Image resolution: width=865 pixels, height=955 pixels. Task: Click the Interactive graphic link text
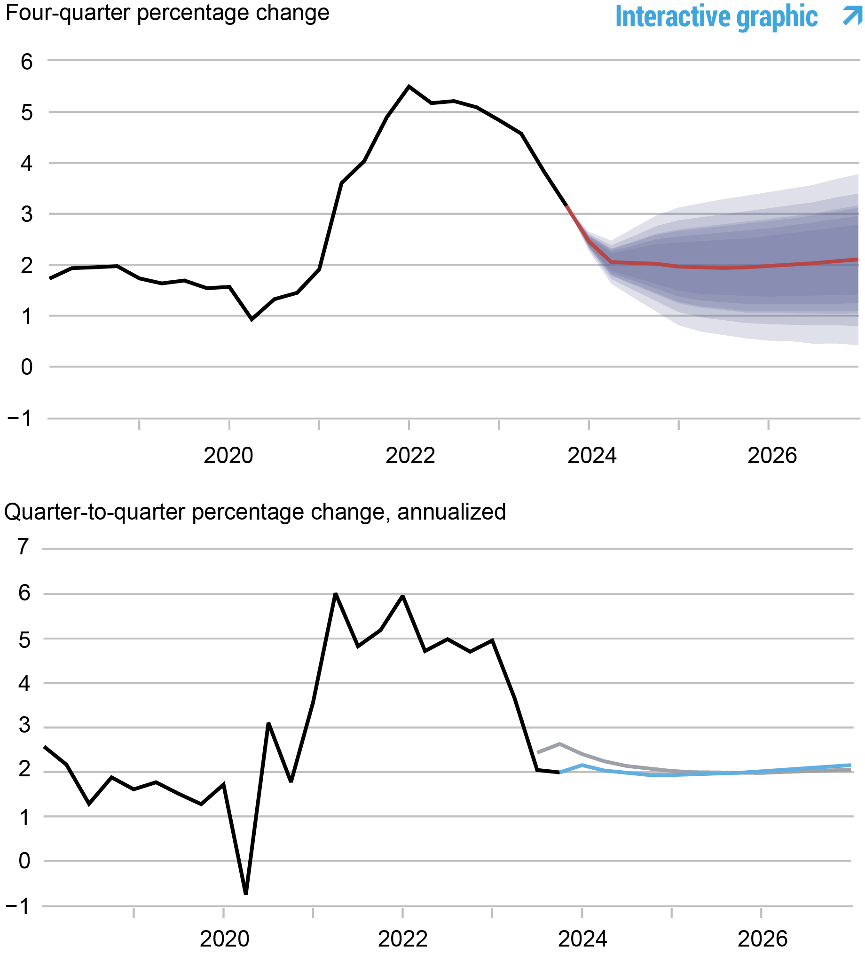click(x=716, y=17)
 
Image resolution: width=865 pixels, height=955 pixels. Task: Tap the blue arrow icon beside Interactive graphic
click(x=852, y=16)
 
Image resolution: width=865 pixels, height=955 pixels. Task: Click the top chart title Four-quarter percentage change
click(x=167, y=13)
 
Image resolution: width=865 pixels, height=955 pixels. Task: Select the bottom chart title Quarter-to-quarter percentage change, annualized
click(x=255, y=512)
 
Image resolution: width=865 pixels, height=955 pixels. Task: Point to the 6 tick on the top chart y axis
click(x=26, y=62)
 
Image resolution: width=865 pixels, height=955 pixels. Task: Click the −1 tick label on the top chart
click(x=20, y=419)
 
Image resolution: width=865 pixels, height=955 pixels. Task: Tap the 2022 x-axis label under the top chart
click(x=410, y=456)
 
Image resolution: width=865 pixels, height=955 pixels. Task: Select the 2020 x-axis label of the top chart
click(x=228, y=456)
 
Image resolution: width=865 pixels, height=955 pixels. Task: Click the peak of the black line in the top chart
click(x=409, y=86)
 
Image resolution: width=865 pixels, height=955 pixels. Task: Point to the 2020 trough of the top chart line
click(x=252, y=319)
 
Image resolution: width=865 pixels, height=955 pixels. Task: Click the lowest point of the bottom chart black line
click(x=246, y=893)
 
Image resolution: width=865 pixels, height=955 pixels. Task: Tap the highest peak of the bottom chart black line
click(x=335, y=594)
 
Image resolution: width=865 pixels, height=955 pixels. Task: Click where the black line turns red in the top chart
click(x=566, y=206)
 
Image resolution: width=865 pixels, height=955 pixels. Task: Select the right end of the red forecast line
click(x=857, y=259)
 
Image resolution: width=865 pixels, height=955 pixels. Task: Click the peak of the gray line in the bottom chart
click(x=560, y=744)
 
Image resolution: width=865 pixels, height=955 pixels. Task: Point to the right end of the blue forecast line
click(x=850, y=765)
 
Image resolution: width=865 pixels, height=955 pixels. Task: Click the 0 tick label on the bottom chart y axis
click(x=24, y=861)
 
